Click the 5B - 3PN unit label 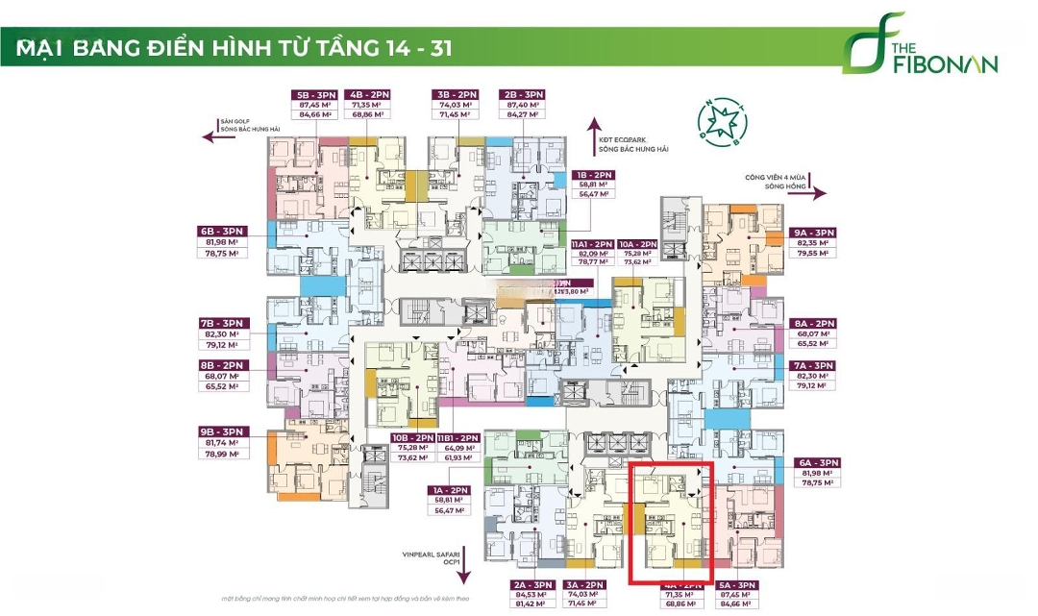click(x=315, y=94)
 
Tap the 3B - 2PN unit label click(x=455, y=94)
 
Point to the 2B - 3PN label click(x=523, y=94)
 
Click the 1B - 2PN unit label click(x=597, y=175)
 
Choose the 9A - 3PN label click(x=814, y=233)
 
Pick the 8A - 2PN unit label click(x=813, y=324)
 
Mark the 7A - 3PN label click(x=813, y=366)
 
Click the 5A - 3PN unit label click(x=736, y=584)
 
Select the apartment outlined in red click(x=671, y=522)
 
